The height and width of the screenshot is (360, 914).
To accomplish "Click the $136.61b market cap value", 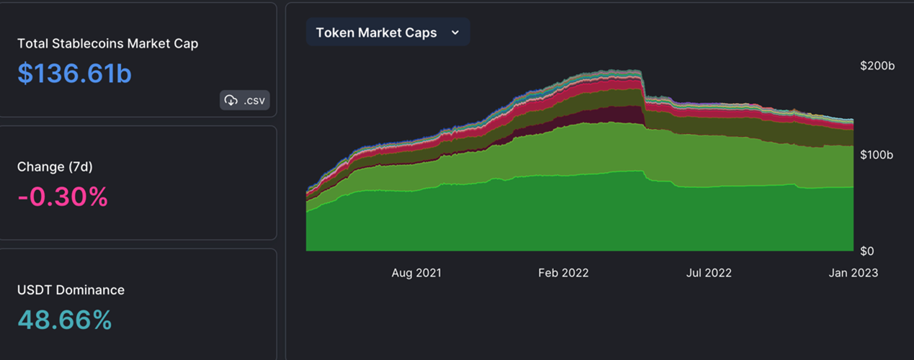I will pos(74,73).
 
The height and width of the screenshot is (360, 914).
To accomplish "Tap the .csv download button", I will pos(245,100).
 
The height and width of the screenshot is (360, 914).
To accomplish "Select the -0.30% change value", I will pos(63,196).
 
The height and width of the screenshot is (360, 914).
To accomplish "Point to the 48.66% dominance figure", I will pos(64,319).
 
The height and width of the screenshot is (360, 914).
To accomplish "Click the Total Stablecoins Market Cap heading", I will pos(107,43).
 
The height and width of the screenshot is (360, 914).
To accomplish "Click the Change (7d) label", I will pos(55,166).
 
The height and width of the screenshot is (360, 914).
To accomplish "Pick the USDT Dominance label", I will pos(71,289).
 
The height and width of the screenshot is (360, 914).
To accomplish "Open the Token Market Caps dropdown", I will pos(387,32).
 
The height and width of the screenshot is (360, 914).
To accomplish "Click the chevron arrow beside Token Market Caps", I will pos(454,32).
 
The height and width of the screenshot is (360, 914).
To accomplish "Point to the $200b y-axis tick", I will pos(877,66).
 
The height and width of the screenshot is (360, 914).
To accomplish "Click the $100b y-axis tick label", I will pos(877,155).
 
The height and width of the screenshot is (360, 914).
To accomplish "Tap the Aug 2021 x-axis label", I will pos(416,273).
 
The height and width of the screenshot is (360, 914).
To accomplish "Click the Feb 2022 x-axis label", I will pos(563,273).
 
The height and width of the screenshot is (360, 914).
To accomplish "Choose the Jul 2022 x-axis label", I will pos(709,273).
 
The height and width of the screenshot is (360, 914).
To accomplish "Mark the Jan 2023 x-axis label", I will pos(853,273).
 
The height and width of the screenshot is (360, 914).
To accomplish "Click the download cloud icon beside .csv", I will pos(230,100).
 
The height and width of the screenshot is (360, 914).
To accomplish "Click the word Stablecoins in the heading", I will pos(88,43).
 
